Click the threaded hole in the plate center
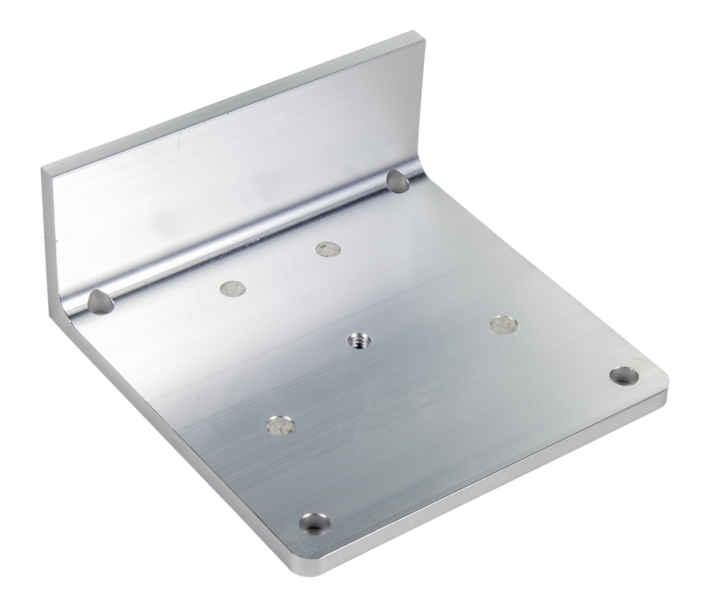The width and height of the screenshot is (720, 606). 359,342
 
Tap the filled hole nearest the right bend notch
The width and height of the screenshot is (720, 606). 328,249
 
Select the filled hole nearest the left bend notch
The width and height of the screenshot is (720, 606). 232,288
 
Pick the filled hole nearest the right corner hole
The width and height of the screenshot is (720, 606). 503,324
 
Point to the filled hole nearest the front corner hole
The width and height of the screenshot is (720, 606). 279,425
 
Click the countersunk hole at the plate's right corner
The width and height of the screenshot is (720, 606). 623,375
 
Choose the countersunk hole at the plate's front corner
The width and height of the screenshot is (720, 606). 314,524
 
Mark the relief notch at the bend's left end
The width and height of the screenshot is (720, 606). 100,302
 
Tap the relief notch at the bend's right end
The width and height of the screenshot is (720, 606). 398,181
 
